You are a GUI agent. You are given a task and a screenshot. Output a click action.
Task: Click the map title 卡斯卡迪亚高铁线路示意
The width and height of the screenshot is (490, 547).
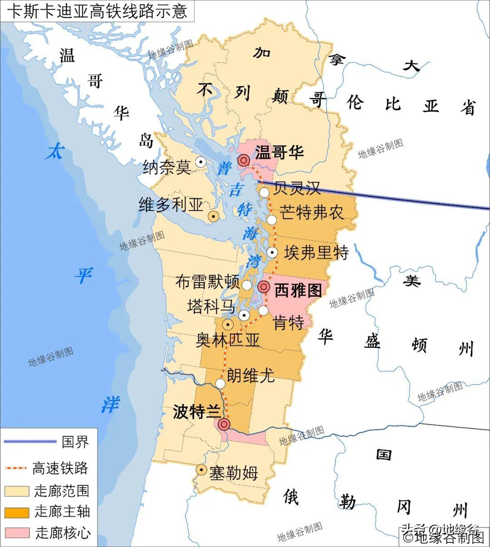97,10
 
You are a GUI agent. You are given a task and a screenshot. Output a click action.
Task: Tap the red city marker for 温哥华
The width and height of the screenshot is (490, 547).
244,160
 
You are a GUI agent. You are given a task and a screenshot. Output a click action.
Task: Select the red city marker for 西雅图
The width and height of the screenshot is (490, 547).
264,287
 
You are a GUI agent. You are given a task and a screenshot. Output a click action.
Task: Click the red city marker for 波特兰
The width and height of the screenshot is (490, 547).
224,424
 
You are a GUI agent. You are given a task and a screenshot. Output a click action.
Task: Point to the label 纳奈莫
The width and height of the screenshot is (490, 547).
167,167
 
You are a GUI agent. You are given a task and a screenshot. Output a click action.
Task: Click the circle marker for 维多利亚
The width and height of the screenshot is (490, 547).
213,216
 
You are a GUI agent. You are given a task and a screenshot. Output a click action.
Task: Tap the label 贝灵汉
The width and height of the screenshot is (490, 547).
297,187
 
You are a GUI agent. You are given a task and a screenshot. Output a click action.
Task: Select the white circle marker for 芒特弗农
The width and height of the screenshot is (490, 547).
271,220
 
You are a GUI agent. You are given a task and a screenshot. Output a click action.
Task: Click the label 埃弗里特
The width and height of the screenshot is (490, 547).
316,253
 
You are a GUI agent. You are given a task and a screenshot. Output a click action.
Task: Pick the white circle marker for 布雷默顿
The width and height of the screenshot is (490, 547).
247,285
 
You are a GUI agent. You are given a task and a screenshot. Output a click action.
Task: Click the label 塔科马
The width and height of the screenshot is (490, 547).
211,307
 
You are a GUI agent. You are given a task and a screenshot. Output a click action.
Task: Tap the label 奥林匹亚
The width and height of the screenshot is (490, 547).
228,340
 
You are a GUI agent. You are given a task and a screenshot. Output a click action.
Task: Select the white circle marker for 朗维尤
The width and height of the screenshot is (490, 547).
220,384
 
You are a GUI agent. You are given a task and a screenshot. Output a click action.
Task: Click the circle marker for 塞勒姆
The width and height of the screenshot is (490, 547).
201,470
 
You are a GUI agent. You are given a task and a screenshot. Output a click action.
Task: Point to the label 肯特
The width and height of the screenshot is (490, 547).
289,323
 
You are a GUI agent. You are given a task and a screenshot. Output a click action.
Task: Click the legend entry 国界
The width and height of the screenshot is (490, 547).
75,441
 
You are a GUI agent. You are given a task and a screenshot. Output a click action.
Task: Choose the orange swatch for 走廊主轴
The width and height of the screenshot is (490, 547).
16,512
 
